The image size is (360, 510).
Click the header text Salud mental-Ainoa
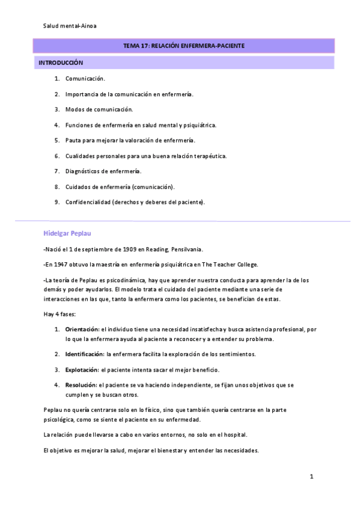coord(69,26)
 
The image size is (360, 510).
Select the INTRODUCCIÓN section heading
coord(61,63)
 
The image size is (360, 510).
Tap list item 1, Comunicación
coord(85,78)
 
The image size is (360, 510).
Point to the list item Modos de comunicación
coord(99,109)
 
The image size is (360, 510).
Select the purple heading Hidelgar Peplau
coord(67,233)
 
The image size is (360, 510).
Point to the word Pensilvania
coord(187,249)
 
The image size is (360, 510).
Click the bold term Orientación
coord(82,330)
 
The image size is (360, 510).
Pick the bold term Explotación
coord(82,369)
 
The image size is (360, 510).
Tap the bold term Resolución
coord(81,385)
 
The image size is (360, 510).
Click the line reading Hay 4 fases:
coord(60,314)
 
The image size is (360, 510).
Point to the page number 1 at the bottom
coord(311,477)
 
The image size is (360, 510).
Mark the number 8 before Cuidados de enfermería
coord(56,186)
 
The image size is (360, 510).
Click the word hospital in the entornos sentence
coord(234,434)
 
